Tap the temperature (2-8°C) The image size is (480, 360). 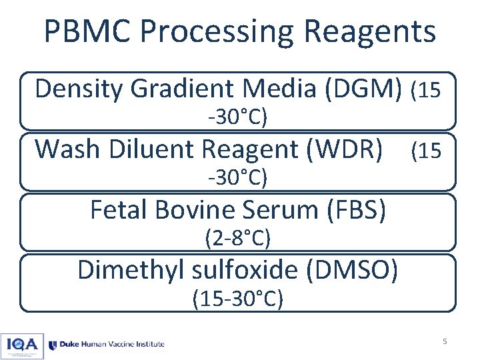coord(237,237)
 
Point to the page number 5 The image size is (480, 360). coord(445,342)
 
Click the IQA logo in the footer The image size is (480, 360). coord(23,344)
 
